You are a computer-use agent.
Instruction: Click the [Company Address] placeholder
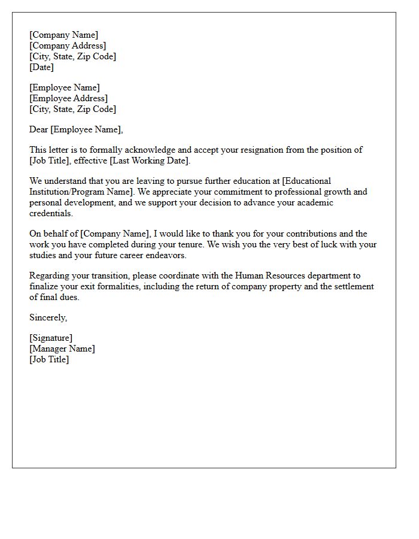click(x=68, y=46)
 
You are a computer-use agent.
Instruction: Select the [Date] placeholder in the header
click(x=41, y=67)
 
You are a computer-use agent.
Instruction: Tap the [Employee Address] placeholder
click(x=69, y=98)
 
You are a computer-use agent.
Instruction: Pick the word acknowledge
click(x=154, y=150)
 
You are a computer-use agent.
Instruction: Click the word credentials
click(x=51, y=213)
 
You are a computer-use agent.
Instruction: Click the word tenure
click(x=173, y=244)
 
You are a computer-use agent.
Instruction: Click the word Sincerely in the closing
click(x=48, y=317)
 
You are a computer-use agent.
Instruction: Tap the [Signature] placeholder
click(x=51, y=338)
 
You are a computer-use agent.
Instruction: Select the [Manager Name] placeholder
click(x=62, y=349)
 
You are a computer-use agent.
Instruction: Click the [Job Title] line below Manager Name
click(x=49, y=359)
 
